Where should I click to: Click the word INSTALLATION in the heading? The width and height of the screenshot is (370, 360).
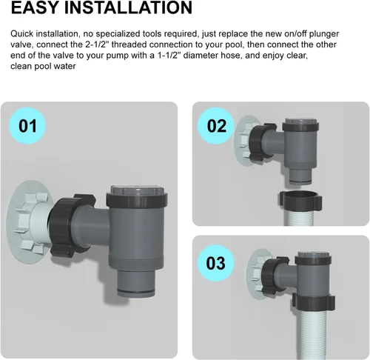(128, 7)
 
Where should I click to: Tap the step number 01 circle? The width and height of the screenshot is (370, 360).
(27, 126)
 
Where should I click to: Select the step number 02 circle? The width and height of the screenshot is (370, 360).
(216, 126)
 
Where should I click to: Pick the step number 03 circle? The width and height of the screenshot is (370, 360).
(216, 263)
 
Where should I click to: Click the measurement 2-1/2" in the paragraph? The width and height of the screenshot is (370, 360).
(95, 44)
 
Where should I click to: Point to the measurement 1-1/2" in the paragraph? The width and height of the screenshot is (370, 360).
(169, 56)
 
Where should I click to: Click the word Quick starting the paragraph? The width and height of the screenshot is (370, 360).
(22, 34)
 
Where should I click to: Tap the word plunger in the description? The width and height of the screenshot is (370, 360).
(324, 34)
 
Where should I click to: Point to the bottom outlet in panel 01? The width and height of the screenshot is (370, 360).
(136, 283)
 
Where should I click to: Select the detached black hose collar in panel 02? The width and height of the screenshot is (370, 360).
(300, 199)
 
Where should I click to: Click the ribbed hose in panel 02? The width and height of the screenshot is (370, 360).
(299, 217)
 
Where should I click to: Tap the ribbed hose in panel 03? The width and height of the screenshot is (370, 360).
(313, 333)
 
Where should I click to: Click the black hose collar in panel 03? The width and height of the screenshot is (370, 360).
(313, 302)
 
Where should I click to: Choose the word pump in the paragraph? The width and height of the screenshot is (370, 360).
(118, 56)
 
